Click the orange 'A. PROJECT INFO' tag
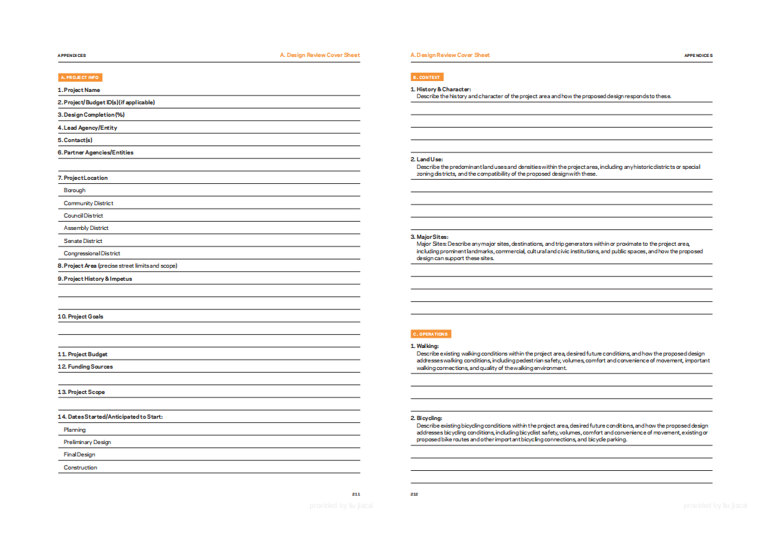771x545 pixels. tap(80, 78)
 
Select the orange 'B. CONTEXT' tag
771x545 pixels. tap(427, 78)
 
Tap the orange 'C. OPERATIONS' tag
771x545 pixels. tap(430, 334)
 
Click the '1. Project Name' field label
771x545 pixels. tap(79, 90)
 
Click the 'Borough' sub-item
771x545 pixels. tap(75, 190)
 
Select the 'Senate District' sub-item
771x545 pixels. tap(83, 241)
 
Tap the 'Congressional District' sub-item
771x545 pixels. tap(92, 253)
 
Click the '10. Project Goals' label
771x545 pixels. tap(81, 316)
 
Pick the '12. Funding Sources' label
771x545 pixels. tap(86, 367)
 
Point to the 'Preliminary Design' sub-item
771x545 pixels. tap(87, 442)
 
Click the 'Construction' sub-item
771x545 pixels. tap(80, 467)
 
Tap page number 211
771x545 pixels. tap(356, 494)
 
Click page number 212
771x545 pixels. tap(415, 494)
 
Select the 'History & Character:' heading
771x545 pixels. tap(444, 89)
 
